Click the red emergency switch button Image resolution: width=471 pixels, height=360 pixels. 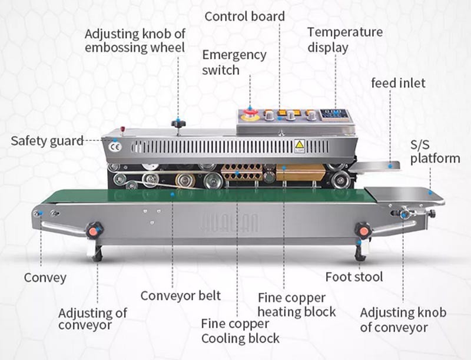[x=250, y=114]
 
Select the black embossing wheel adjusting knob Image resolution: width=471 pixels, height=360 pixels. [x=178, y=124]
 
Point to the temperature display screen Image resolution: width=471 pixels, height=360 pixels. [x=334, y=114]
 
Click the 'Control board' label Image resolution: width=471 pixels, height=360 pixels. [x=244, y=16]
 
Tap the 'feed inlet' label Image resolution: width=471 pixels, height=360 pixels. [x=398, y=83]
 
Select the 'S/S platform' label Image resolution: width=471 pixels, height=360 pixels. [x=435, y=151]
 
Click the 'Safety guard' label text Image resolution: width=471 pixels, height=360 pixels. [x=47, y=141]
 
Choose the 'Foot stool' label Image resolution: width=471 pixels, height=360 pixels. [x=354, y=276]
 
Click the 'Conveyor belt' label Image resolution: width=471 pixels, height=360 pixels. [x=180, y=295]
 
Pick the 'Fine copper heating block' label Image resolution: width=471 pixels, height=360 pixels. [x=297, y=305]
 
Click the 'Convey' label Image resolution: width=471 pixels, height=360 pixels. [x=45, y=277]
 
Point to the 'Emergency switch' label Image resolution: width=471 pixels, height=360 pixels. [x=234, y=62]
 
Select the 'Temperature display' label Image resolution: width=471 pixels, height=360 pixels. [x=344, y=39]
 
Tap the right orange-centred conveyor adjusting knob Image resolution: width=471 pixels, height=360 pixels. [x=363, y=230]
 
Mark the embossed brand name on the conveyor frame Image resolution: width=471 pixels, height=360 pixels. [x=236, y=223]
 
